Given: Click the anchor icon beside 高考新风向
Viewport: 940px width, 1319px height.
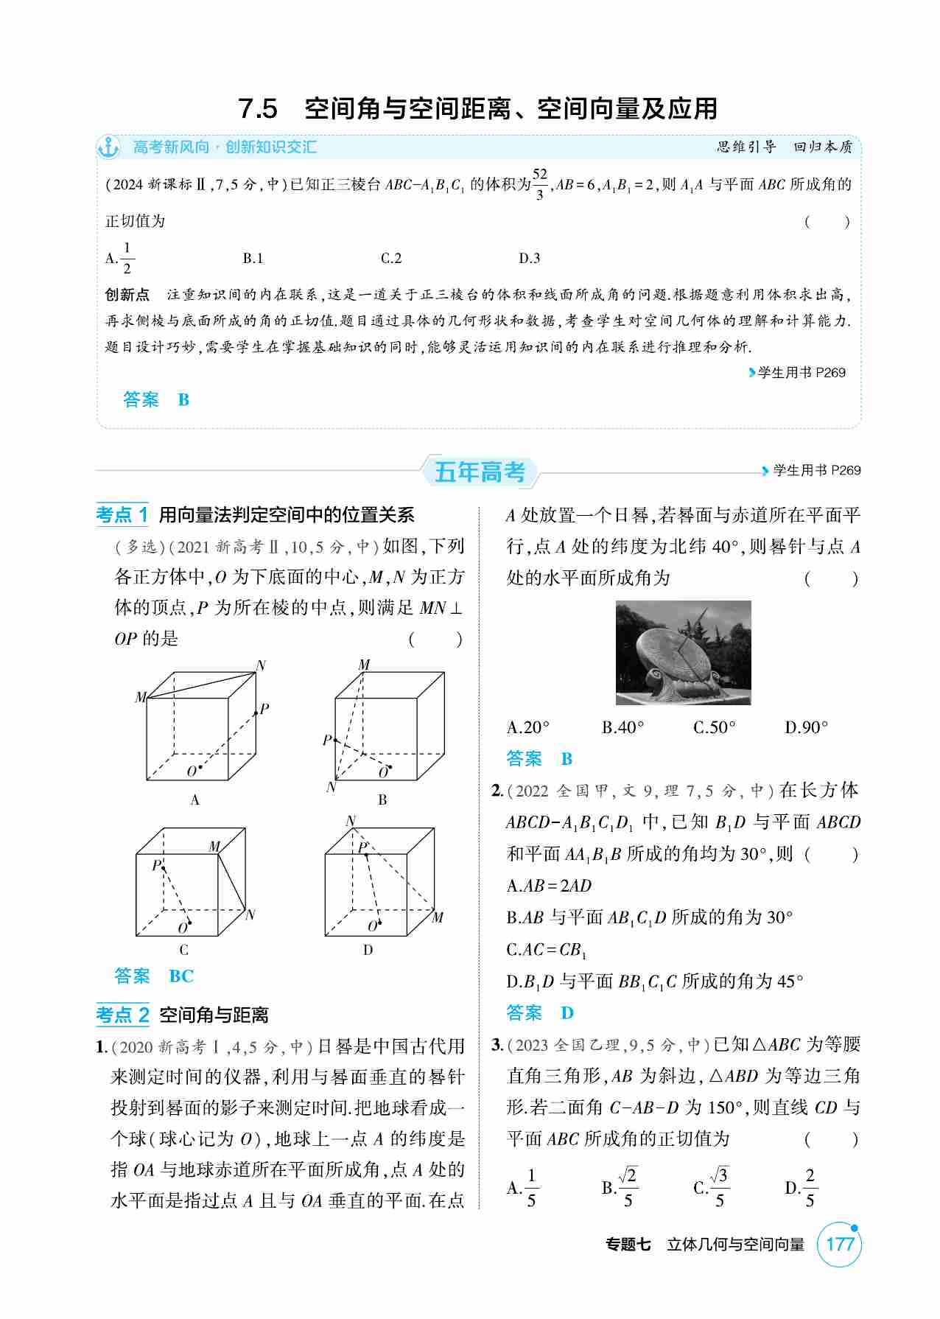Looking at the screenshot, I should pyautogui.click(x=108, y=147).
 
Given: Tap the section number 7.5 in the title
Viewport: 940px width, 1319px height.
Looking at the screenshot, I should pyautogui.click(x=258, y=109).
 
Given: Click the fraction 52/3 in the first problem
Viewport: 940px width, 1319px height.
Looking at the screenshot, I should pyautogui.click(x=540, y=183).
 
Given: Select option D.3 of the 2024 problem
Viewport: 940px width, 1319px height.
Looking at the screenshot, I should pyautogui.click(x=529, y=259).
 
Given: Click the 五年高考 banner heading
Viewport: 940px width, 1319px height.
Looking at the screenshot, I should pyautogui.click(x=480, y=472).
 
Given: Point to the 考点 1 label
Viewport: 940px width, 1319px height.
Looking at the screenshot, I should pyautogui.click(x=122, y=514).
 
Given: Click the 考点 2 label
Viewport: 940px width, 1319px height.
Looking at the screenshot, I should pyautogui.click(x=122, y=1015).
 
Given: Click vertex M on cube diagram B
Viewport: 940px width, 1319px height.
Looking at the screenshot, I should pyautogui.click(x=364, y=665).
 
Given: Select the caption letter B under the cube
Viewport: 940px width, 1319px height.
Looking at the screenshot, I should pyautogui.click(x=382, y=800).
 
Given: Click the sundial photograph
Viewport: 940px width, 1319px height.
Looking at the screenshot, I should pyautogui.click(x=683, y=653).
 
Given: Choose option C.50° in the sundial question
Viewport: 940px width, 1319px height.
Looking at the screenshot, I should pyautogui.click(x=714, y=728).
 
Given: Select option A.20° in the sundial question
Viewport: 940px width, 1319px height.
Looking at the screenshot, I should pyautogui.click(x=528, y=728).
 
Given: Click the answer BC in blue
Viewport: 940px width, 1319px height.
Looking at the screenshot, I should pyautogui.click(x=181, y=976).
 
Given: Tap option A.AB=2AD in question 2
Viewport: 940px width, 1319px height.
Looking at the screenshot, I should pyautogui.click(x=550, y=886).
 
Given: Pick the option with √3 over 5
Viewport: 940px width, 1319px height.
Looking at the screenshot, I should pyautogui.click(x=712, y=1187).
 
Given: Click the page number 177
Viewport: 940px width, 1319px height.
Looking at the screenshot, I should pyautogui.click(x=839, y=1245).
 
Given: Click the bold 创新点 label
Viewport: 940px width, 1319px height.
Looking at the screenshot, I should pyautogui.click(x=127, y=295).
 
